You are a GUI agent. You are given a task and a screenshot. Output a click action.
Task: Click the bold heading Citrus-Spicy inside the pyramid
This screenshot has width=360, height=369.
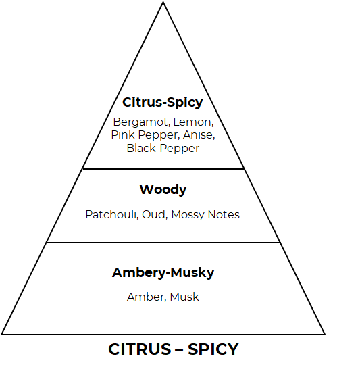click(x=163, y=102)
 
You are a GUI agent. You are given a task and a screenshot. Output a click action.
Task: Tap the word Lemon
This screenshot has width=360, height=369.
click(x=193, y=122)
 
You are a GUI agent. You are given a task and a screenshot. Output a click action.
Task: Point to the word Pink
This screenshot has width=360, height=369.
click(x=123, y=135)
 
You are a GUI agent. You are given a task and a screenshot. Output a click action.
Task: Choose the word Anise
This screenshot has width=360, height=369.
click(x=199, y=135)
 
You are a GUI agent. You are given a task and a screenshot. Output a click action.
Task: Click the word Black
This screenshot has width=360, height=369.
click(x=141, y=148)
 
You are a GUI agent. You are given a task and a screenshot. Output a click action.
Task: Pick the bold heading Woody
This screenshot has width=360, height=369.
click(x=163, y=189)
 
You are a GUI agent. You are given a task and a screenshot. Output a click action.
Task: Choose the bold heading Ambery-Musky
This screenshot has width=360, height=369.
click(x=163, y=273)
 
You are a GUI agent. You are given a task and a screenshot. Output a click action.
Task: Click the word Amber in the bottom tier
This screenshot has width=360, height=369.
click(x=147, y=297)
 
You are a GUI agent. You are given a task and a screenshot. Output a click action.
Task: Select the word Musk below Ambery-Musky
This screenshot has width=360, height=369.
click(x=184, y=297)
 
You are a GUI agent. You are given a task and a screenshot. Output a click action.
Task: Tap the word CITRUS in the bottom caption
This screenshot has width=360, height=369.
click(x=140, y=349)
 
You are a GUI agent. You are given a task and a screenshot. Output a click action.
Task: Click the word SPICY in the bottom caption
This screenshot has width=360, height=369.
click(x=213, y=349)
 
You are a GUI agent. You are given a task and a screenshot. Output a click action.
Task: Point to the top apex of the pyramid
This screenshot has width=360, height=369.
click(x=163, y=2)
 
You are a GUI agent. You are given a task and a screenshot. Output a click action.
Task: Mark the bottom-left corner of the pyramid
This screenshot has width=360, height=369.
click(x=1, y=334)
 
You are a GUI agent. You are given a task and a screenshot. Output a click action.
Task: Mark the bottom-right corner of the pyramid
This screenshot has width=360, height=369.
click(x=325, y=334)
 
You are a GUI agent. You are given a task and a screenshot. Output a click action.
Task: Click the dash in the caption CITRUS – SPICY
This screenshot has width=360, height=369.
click(x=179, y=350)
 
